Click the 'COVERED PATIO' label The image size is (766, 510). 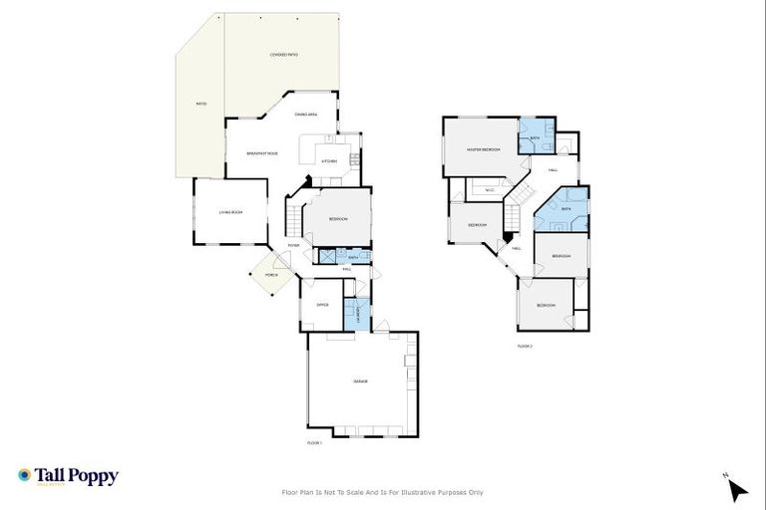pos(284,55)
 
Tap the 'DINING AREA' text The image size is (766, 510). pos(306,115)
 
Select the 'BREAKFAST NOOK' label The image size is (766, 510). pos(262,152)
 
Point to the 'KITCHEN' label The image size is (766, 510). pos(328,160)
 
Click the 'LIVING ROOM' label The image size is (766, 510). pos(230,211)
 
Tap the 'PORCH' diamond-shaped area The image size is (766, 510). pos(270,275)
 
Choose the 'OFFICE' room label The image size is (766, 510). pos(322,305)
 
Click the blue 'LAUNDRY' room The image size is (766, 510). pos(357,314)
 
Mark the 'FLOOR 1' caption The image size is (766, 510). pos(316,441)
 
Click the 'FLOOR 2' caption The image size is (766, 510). pos(525,346)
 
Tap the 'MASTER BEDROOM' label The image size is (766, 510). pos(483,149)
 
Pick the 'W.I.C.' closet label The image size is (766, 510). pos(489,190)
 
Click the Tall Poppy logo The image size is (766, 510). pos(68,476)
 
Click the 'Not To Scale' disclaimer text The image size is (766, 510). pos(383,492)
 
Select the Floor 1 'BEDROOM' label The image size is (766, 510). pos(338,218)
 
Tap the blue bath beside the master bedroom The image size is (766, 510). pos(534,137)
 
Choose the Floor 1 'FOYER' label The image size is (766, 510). pos(293,245)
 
